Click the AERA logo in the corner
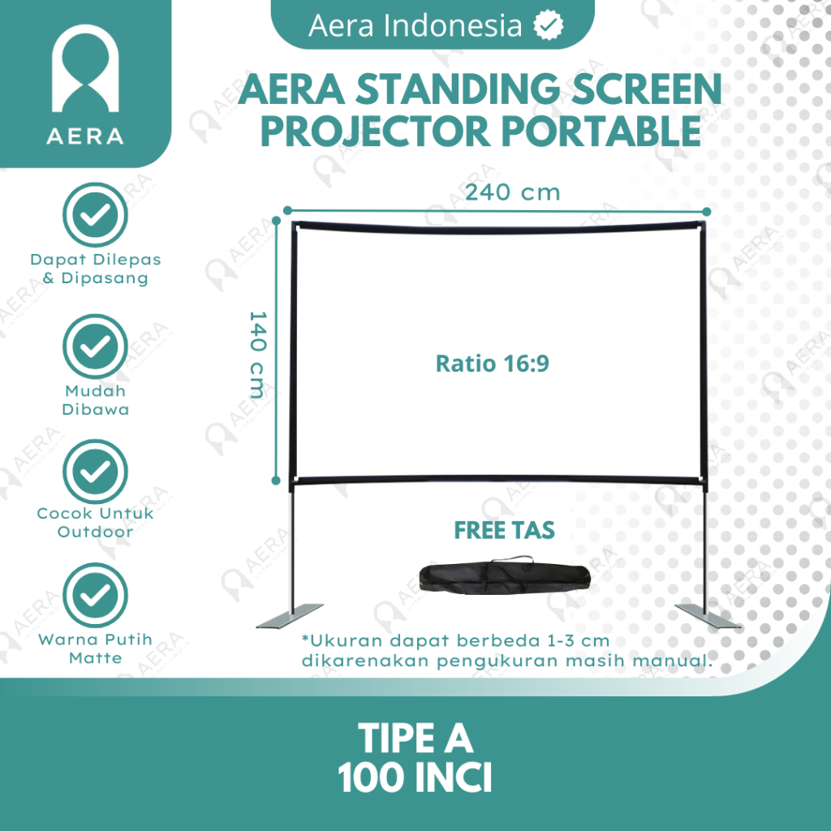click(x=85, y=84)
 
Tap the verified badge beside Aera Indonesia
click(x=548, y=25)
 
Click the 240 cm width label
click(x=513, y=192)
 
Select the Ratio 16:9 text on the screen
click(x=492, y=364)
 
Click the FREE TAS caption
click(x=504, y=530)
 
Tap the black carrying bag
click(x=505, y=575)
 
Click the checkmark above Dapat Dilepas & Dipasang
click(x=96, y=214)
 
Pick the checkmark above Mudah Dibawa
click(x=96, y=347)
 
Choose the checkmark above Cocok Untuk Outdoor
click(x=96, y=471)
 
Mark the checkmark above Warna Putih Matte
click(x=96, y=595)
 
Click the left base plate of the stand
click(x=290, y=616)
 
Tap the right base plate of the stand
click(x=708, y=616)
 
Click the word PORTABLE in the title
click(x=601, y=131)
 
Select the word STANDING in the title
click(x=458, y=88)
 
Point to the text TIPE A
click(x=415, y=738)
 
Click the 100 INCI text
click(x=415, y=777)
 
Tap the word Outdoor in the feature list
click(x=96, y=532)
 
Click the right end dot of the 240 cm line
click(x=707, y=212)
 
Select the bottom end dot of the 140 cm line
click(x=276, y=480)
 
